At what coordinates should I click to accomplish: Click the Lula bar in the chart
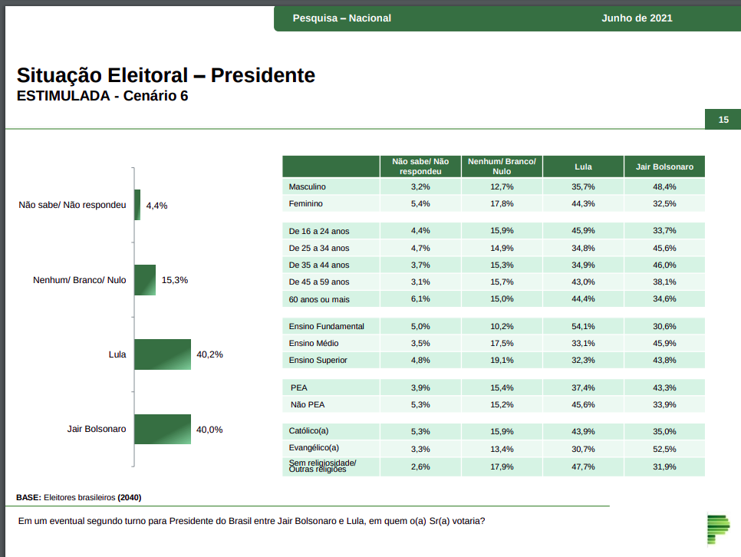pos(163,354)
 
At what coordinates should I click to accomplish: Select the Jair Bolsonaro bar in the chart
pos(163,430)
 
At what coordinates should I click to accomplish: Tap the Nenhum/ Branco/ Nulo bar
pos(145,280)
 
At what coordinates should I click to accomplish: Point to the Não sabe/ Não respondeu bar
pos(137,205)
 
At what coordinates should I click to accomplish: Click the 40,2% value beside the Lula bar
pos(209,354)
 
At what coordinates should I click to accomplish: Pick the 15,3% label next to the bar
pos(175,280)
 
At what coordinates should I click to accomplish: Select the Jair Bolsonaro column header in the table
pos(664,166)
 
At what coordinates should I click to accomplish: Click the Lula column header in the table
pos(583,166)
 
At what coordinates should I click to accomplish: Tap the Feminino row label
pos(306,203)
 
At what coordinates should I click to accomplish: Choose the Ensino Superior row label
pos(318,360)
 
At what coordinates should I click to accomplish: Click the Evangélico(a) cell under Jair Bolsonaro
pos(664,449)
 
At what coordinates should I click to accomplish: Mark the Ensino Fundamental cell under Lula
pos(583,326)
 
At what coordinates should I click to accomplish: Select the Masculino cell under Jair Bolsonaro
pos(664,186)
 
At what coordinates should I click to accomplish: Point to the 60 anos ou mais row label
pos(319,298)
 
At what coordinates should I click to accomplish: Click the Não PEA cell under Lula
pos(583,404)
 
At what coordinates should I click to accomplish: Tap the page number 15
pos(723,120)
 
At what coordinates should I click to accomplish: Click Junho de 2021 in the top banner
pos(637,18)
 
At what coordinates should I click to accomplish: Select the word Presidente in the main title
pos(263,76)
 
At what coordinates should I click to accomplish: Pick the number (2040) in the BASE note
pos(130,497)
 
